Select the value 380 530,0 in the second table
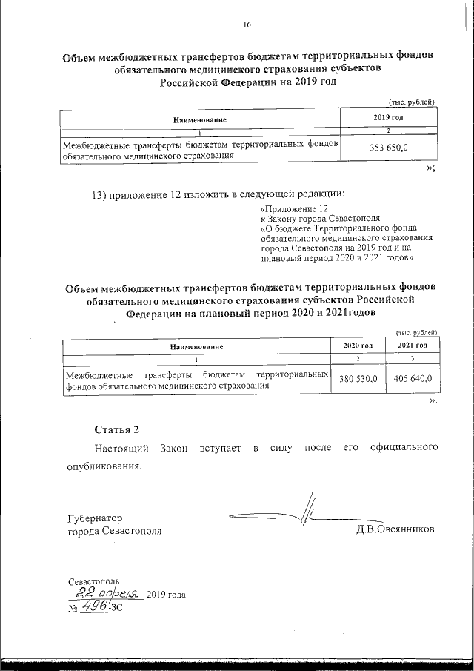(x=358, y=378)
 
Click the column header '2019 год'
(x=388, y=118)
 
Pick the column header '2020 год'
(x=358, y=346)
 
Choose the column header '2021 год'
(x=413, y=346)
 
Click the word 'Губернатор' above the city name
(x=95, y=518)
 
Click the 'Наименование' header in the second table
(x=196, y=346)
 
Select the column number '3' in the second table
(x=413, y=360)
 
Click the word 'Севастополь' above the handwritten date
(x=93, y=581)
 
